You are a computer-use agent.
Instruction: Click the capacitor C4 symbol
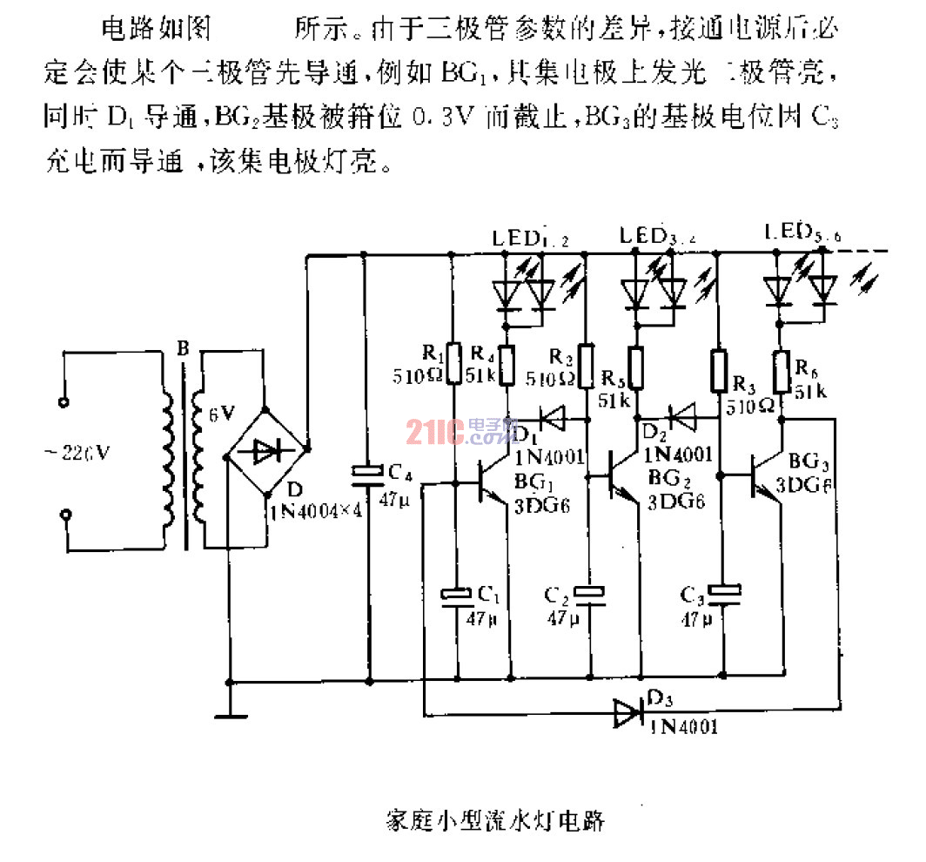coord(366,473)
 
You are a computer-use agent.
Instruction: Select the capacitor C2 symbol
coord(592,593)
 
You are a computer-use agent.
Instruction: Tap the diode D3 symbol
coord(628,712)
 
